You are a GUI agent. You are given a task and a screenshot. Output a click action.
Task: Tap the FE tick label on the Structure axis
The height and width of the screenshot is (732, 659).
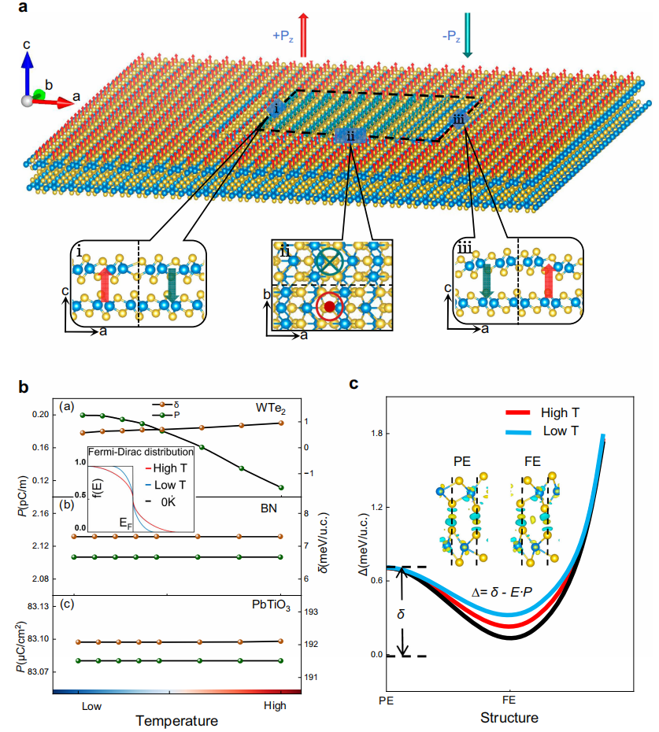pyautogui.click(x=509, y=700)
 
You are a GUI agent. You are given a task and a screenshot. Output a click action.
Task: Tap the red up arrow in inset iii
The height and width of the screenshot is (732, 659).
pyautogui.click(x=549, y=285)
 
